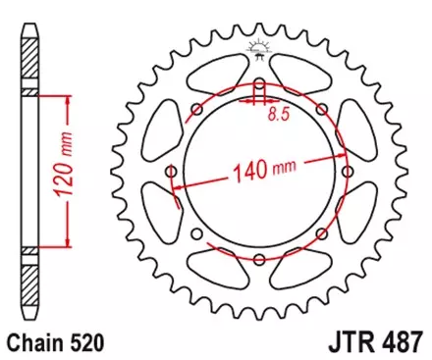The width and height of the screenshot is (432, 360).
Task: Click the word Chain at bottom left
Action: click(x=31, y=343)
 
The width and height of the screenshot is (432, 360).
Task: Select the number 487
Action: click(x=404, y=343)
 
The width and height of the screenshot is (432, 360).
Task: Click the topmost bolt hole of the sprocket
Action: click(x=259, y=81)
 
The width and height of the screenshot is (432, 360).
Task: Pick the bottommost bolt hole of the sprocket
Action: click(x=259, y=260)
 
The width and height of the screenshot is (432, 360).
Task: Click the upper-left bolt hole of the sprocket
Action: click(x=196, y=108)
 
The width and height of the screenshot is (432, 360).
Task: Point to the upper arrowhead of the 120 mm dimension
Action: click(x=68, y=99)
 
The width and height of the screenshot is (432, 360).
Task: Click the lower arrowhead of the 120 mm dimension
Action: click(x=68, y=242)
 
